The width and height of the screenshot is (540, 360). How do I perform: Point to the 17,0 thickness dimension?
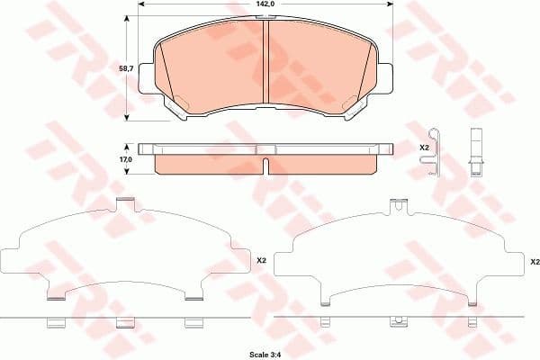126,159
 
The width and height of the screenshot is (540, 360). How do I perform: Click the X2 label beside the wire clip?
424,147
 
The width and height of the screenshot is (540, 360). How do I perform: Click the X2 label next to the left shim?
262,261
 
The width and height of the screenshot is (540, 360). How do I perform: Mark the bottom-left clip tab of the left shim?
56,296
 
